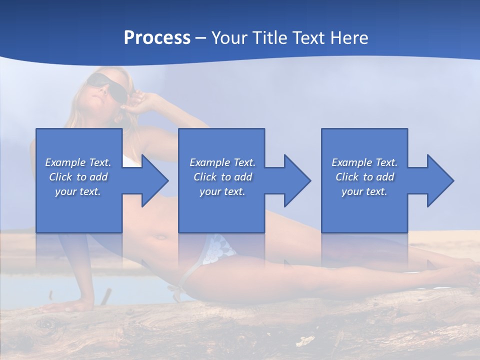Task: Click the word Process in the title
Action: tap(157, 38)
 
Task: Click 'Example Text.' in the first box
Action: tap(78, 162)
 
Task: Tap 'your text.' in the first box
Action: tap(78, 191)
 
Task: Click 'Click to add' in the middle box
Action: tap(222, 177)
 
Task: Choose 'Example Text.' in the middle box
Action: tap(222, 162)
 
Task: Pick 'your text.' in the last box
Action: tap(364, 191)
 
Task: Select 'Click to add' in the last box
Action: tap(364, 177)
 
